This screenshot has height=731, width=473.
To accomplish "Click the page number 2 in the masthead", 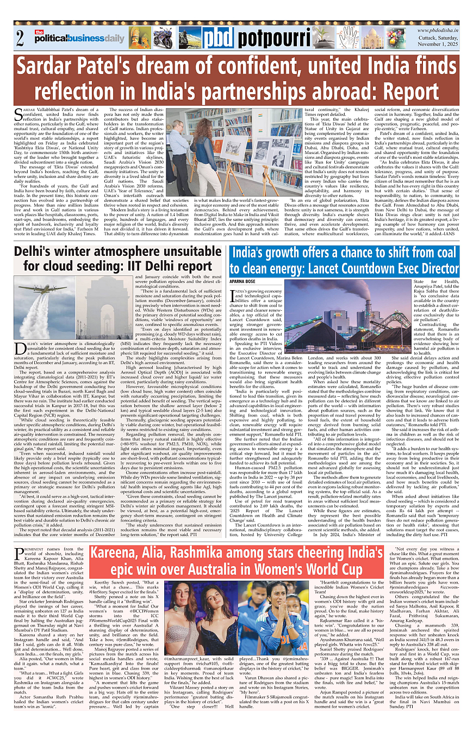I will point(20,39).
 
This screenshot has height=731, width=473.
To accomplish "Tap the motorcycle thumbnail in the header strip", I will point(163,38).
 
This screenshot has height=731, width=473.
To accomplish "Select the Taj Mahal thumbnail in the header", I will point(371,38).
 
